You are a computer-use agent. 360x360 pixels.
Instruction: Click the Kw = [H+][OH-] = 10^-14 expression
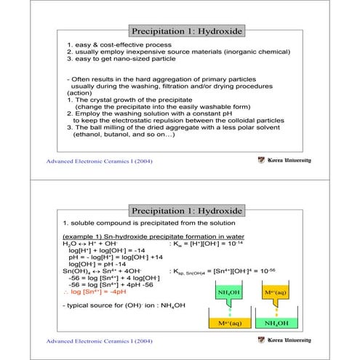pos(207,247)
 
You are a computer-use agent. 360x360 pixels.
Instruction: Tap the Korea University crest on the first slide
pos(262,160)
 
